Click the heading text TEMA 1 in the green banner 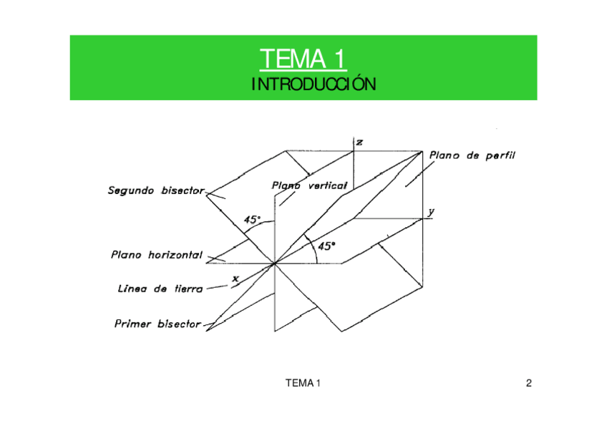point(303,58)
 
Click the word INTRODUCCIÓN point(303,85)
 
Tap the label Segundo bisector point(156,191)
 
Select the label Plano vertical point(309,185)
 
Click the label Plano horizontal point(157,254)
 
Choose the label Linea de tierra point(160,289)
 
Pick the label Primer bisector point(157,324)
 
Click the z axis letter point(359,143)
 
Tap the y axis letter point(431,212)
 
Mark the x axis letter point(234,276)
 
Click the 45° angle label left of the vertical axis point(252,220)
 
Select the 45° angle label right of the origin point(326,246)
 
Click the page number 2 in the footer point(528,383)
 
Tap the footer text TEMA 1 point(303,383)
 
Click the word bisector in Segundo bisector point(182,191)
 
